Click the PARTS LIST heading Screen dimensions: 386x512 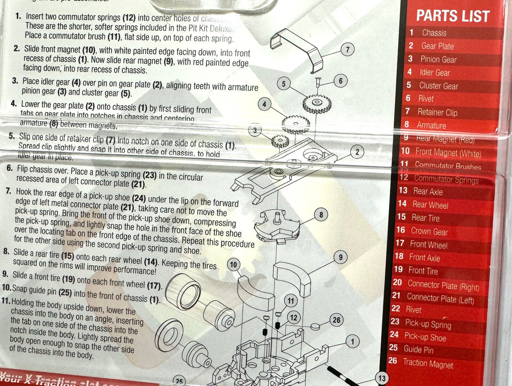(x=453, y=16)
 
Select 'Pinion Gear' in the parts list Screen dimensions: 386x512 (x=438, y=60)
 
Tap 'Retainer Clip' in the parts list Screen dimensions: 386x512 (x=437, y=112)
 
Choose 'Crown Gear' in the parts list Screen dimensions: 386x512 (x=429, y=231)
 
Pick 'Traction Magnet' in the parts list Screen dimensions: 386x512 (x=428, y=364)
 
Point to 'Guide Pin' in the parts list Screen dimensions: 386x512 (x=419, y=349)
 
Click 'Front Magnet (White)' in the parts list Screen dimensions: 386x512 (x=448, y=153)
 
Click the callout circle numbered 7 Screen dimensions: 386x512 (x=348, y=50)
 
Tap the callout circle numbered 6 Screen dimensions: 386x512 (x=340, y=81)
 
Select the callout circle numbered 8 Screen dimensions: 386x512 (x=321, y=215)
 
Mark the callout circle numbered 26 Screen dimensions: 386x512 (x=336, y=320)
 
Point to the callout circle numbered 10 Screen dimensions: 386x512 (x=234, y=265)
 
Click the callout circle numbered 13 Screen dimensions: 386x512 (x=382, y=378)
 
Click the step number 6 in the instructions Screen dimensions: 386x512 (x=10, y=168)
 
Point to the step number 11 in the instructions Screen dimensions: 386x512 (x=5, y=301)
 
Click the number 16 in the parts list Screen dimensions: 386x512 (x=401, y=230)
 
